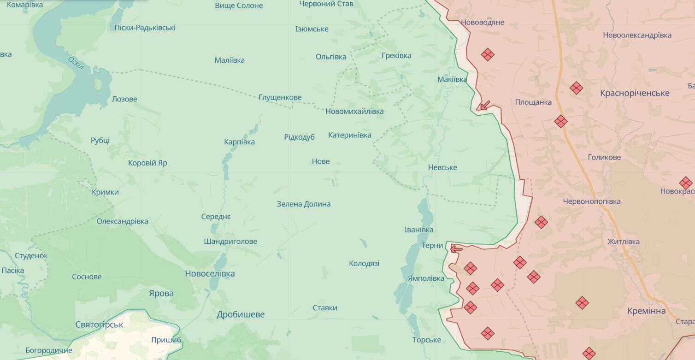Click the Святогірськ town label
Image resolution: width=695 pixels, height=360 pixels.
coord(99,325)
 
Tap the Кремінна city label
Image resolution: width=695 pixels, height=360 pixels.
coord(646,311)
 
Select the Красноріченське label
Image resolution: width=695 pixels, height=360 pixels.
coord(635,93)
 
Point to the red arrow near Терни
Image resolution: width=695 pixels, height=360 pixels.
coord(456,249)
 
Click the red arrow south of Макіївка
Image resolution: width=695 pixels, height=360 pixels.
coord(483,106)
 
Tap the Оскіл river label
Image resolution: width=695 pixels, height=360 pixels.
coord(76,63)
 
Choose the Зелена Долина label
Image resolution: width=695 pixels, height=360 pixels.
coord(303,204)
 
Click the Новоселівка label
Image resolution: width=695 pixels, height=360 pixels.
coord(210,274)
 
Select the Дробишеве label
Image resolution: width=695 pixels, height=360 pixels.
coord(241,315)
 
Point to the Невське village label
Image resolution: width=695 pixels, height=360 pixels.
coord(442,167)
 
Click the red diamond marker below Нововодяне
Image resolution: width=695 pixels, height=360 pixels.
coord(487,54)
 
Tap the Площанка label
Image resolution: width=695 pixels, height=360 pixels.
coord(533,102)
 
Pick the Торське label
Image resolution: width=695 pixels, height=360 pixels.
coord(426,340)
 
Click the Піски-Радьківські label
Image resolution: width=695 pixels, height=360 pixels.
coord(145,28)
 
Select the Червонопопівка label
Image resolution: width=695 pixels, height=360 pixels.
coord(592,201)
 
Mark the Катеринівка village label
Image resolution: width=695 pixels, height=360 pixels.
coord(349,135)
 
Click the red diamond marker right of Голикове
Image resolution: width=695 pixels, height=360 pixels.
coord(685,183)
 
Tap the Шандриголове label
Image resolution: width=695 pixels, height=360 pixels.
coord(230,242)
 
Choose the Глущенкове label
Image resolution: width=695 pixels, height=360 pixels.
coord(280,97)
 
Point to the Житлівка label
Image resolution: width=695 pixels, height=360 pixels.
coord(623,242)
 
